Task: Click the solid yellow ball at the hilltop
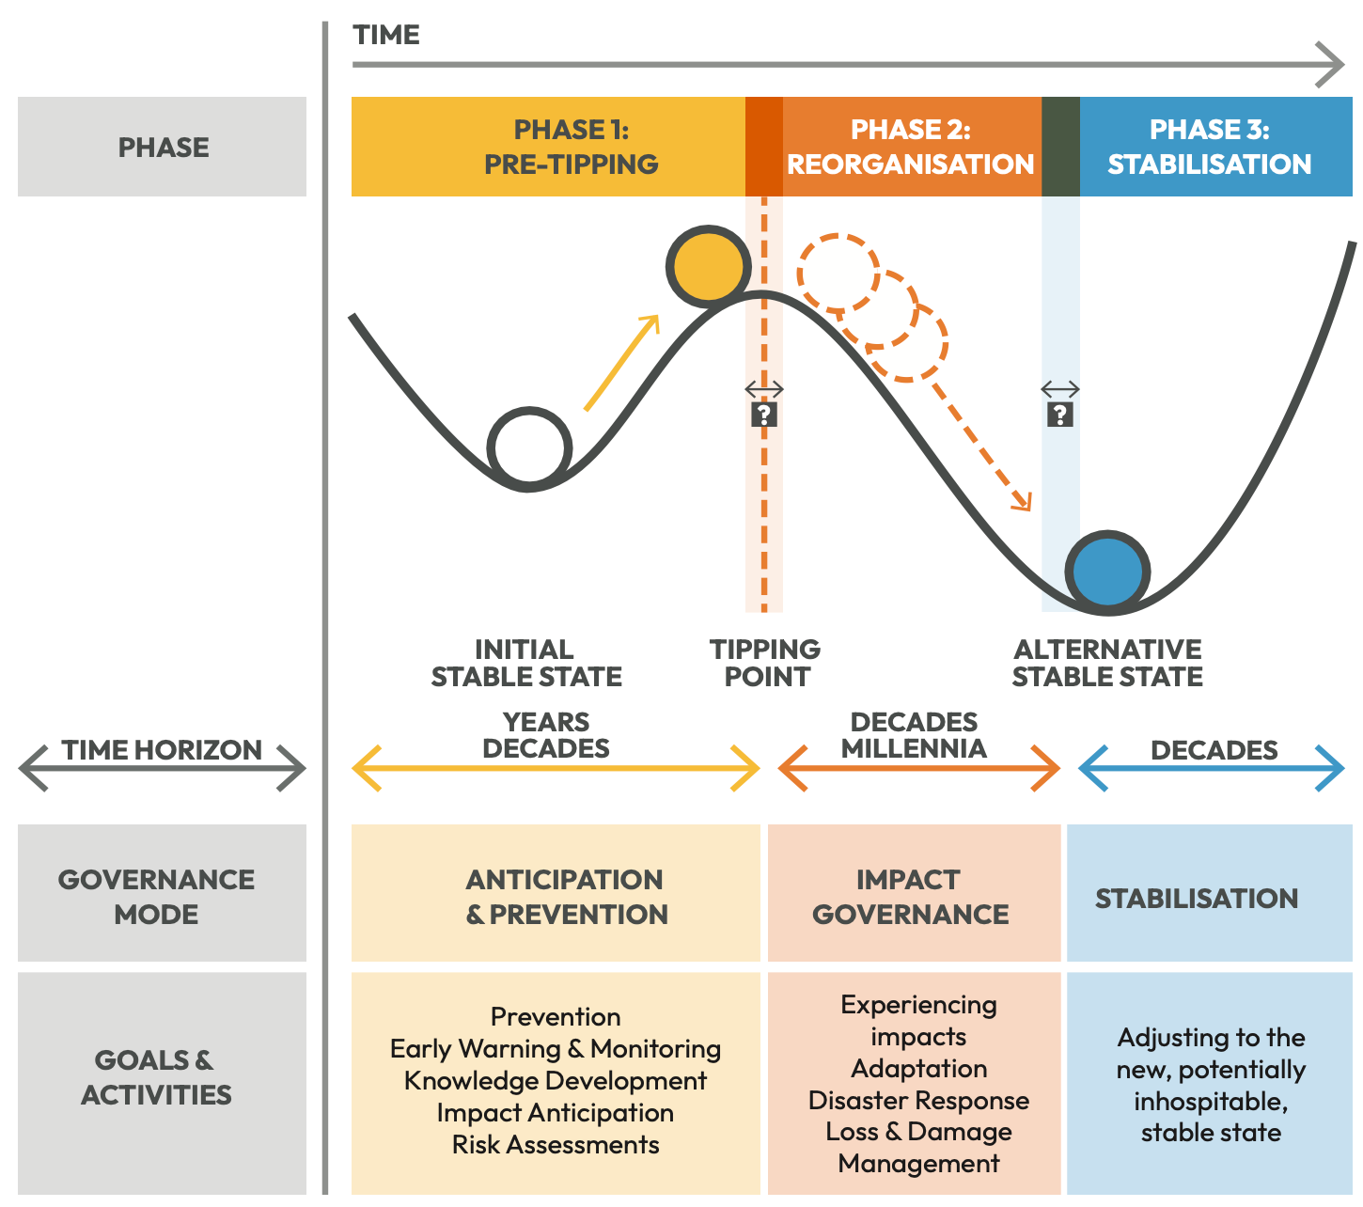coord(709,266)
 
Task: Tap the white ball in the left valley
coord(530,448)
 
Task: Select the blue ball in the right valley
coord(1108,572)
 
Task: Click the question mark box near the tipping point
coord(763,415)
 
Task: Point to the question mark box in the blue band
coord(1060,415)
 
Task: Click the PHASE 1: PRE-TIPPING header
coord(571,147)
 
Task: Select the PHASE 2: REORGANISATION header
coord(910,147)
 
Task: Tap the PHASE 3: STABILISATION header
coord(1209,147)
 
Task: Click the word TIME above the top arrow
coord(386,36)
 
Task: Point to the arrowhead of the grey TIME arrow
coord(1333,65)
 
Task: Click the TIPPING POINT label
coord(765,663)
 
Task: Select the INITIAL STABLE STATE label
coord(525,663)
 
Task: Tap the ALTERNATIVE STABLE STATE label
coord(1107,663)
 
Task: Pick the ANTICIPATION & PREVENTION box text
coord(566,897)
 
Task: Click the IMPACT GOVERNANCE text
coord(910,897)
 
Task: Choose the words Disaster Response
coord(918,1100)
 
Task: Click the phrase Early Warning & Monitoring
coord(556,1048)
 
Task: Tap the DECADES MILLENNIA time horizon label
coord(914,735)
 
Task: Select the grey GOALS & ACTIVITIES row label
coord(157,1077)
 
